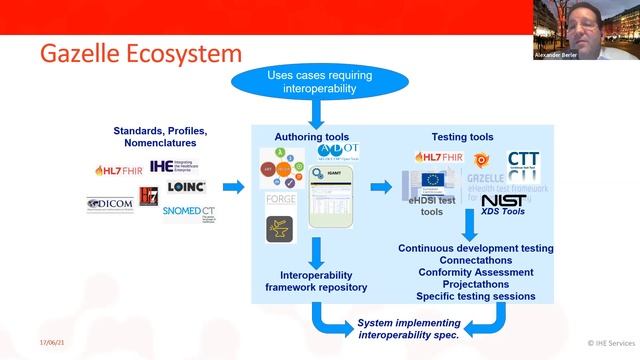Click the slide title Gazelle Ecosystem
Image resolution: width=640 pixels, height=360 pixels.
click(141, 52)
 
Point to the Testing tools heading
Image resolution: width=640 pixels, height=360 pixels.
click(462, 137)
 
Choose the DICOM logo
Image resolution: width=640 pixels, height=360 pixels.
click(111, 204)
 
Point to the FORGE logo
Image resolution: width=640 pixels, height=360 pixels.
click(281, 200)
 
